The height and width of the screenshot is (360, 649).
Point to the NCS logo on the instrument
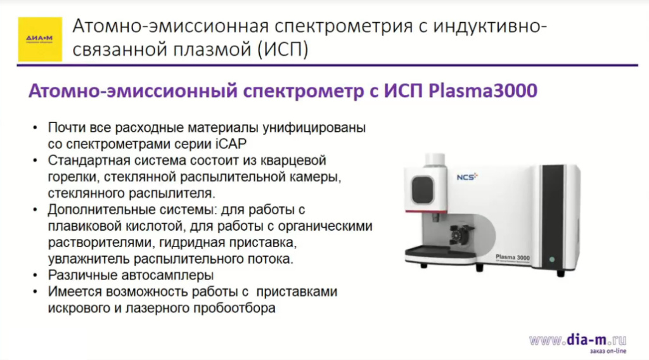pyautogui.click(x=467, y=177)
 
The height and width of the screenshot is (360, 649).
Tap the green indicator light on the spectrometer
pyautogui.click(x=552, y=259)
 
